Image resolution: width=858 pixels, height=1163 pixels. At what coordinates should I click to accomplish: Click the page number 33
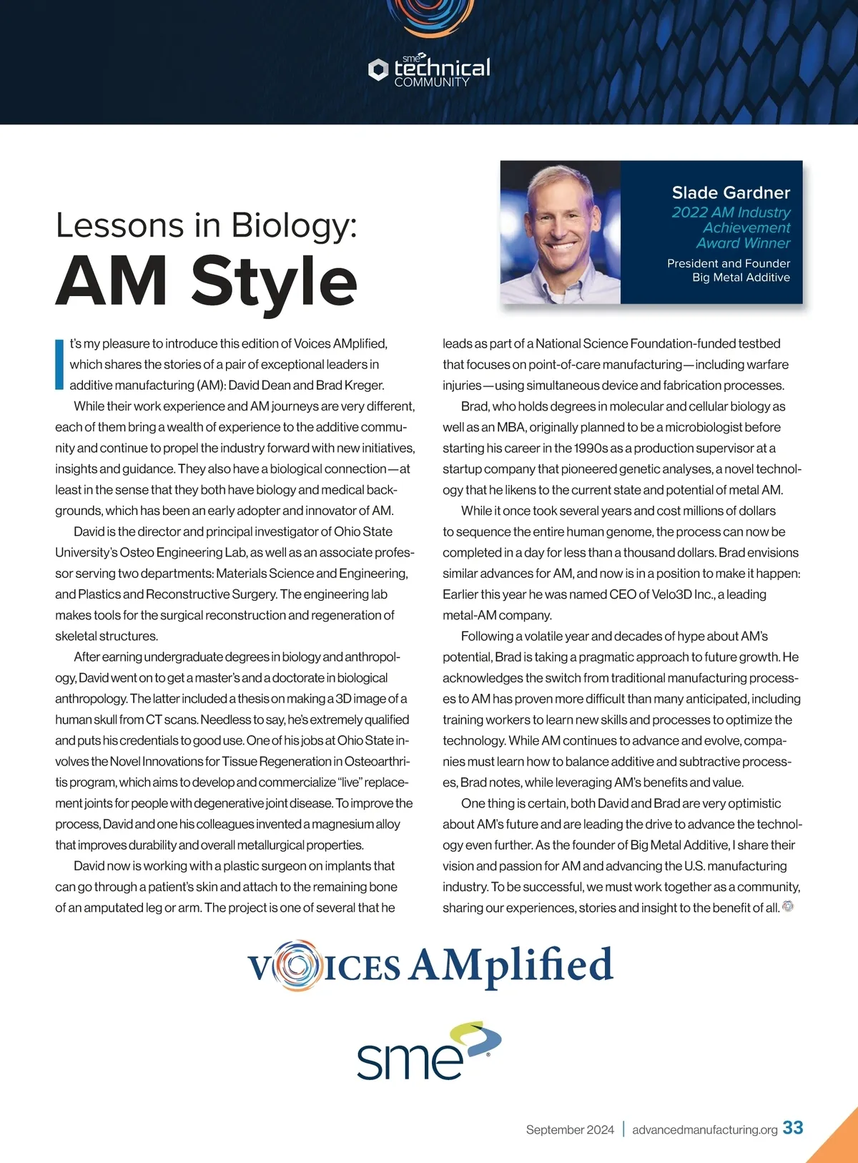tap(793, 1128)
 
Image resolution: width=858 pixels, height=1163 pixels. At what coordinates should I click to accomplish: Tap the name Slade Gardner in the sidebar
tap(731, 192)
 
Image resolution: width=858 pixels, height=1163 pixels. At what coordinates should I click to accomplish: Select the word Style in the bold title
tap(275, 281)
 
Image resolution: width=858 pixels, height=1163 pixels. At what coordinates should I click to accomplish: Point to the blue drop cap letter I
tap(59, 364)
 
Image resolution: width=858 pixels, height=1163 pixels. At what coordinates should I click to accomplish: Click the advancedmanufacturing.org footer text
tap(704, 1129)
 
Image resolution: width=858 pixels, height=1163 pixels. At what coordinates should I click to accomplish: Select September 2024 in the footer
tap(570, 1129)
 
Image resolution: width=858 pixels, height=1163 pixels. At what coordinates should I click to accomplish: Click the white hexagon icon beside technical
tap(378, 69)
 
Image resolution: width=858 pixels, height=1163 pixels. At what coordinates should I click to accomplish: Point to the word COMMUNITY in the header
tap(432, 82)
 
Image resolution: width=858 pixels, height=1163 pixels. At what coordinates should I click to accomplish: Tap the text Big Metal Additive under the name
tap(741, 278)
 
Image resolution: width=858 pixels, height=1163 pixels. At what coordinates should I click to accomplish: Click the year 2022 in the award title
tap(689, 212)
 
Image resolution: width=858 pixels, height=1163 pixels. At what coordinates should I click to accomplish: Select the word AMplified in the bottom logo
tap(511, 966)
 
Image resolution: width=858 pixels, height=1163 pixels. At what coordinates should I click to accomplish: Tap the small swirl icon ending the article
tap(788, 906)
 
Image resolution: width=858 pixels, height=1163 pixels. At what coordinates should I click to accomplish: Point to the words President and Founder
tap(728, 263)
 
